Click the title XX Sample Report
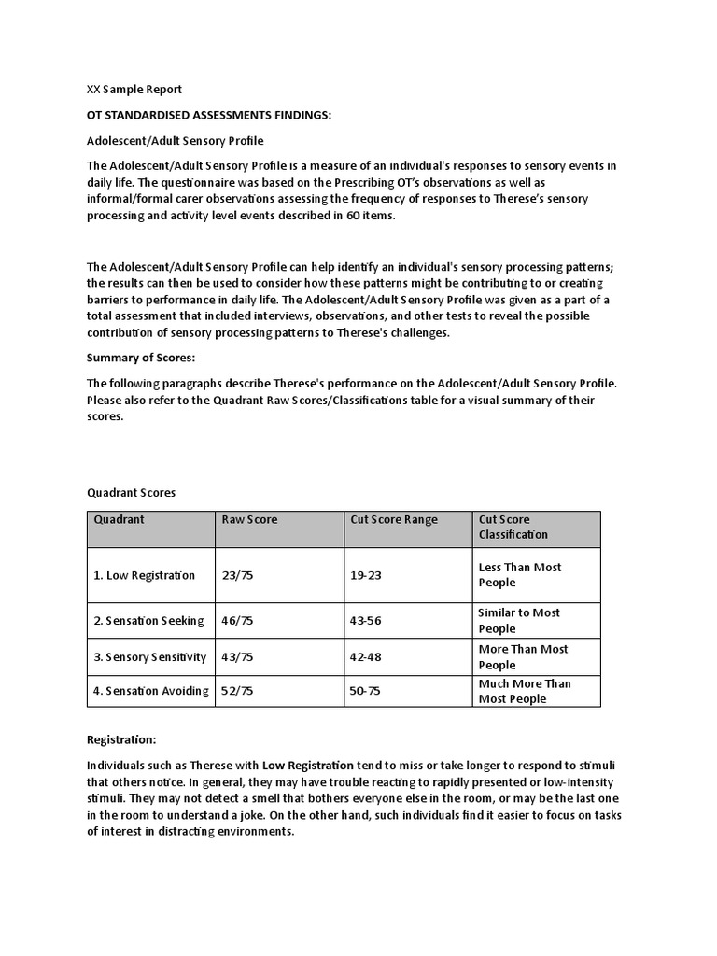[x=134, y=90]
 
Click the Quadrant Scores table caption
[x=131, y=492]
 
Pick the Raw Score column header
[x=249, y=520]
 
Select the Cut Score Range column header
[x=393, y=520]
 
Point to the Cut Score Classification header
[x=513, y=527]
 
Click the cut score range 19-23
[x=366, y=575]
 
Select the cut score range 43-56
[x=366, y=620]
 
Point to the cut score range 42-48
[x=366, y=657]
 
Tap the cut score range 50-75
[x=366, y=691]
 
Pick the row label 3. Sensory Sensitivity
[x=149, y=657]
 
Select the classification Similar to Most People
[x=519, y=621]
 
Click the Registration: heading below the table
[x=121, y=739]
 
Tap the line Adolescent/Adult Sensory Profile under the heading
[x=176, y=141]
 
